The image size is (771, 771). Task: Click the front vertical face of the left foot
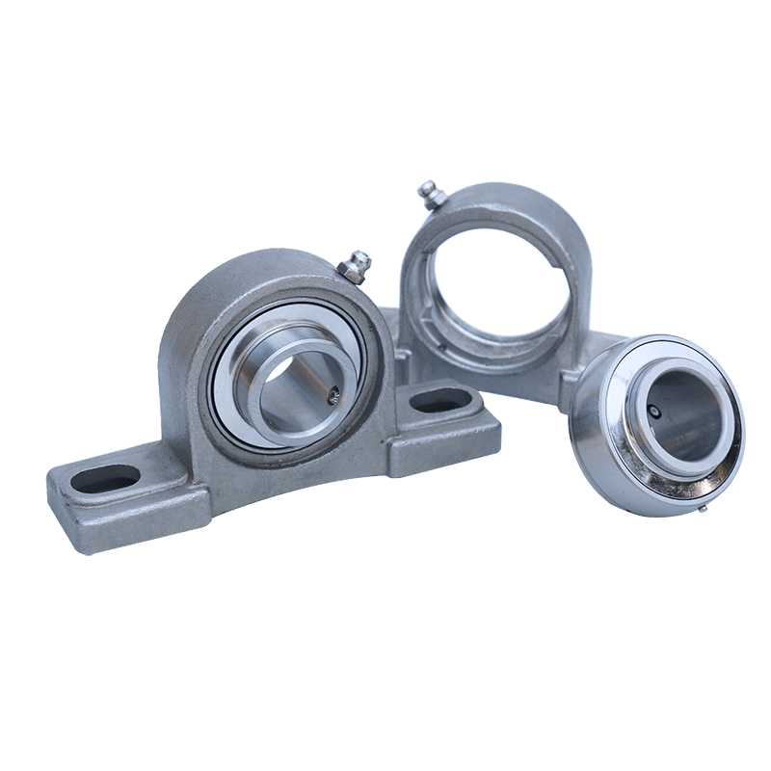[x=116, y=525]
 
